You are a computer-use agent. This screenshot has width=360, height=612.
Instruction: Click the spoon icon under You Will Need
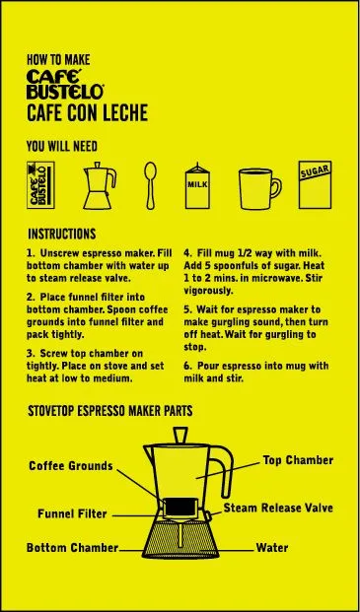[x=150, y=185]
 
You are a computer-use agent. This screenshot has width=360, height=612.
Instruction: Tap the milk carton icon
[x=197, y=186]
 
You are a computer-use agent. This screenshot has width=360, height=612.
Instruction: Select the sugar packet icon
[x=315, y=184]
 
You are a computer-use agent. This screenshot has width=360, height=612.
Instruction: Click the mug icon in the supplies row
[x=260, y=188]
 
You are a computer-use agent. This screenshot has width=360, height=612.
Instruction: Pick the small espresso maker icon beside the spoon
[x=100, y=186]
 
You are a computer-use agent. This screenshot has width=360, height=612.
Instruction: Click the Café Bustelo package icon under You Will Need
[x=40, y=185]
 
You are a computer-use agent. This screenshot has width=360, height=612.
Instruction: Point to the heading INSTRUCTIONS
[x=62, y=234]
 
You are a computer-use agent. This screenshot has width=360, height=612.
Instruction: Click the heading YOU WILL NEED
[x=62, y=147]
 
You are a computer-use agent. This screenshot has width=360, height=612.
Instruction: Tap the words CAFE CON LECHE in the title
[x=88, y=112]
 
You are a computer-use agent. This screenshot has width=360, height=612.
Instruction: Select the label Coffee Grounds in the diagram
[x=71, y=465]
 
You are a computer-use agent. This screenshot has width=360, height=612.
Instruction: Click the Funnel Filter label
[x=72, y=513]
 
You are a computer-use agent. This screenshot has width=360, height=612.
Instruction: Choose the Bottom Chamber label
[x=72, y=548]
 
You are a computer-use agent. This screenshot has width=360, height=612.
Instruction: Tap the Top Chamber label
[x=298, y=460]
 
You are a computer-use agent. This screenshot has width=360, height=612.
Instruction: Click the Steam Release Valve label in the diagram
[x=278, y=508]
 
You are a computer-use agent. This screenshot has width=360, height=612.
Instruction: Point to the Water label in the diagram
[x=272, y=548]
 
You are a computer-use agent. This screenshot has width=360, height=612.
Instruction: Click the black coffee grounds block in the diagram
[x=180, y=507]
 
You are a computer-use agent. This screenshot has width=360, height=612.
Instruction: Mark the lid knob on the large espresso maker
[x=180, y=436]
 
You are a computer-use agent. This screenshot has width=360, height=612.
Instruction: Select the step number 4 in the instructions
[x=187, y=253]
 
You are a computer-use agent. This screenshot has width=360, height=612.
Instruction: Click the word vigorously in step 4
[x=208, y=291]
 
